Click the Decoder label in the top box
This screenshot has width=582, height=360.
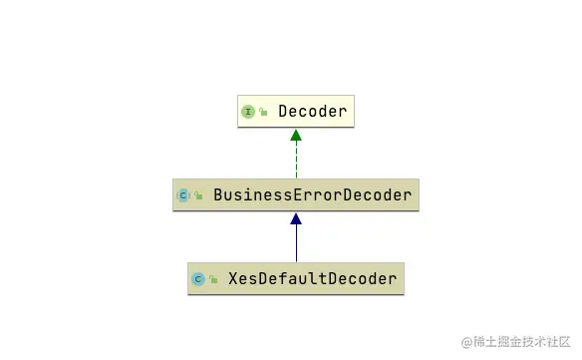(313, 112)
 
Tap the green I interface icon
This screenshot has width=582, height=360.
(248, 112)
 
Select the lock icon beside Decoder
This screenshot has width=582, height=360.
(263, 113)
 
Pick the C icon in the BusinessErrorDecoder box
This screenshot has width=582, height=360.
(183, 195)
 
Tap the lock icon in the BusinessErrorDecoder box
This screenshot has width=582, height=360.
(198, 196)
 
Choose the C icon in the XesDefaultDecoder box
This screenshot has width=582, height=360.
(197, 279)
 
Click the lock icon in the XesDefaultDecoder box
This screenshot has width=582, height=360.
(213, 280)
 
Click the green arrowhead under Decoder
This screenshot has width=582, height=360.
(296, 135)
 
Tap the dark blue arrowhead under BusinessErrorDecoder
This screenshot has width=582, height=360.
(296, 219)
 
